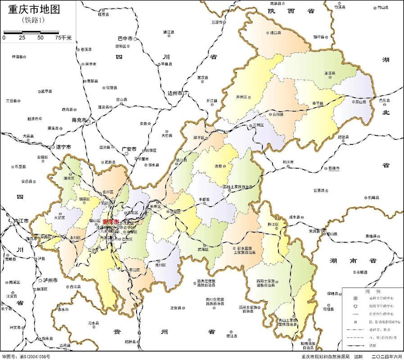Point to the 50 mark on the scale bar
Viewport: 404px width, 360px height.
pos(41,38)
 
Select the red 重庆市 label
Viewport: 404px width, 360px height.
pos(111,222)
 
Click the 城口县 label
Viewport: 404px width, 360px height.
pos(275,33)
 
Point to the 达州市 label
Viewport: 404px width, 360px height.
pos(174,93)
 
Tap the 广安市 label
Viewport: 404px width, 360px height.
pos(129,148)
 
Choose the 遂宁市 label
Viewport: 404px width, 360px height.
pos(64,147)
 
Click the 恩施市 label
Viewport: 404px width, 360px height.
pos(334,168)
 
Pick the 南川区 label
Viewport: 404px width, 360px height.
pos(160,265)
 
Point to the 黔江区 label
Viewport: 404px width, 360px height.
pos(272,224)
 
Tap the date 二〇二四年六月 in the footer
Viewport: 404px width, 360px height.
pos(386,356)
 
